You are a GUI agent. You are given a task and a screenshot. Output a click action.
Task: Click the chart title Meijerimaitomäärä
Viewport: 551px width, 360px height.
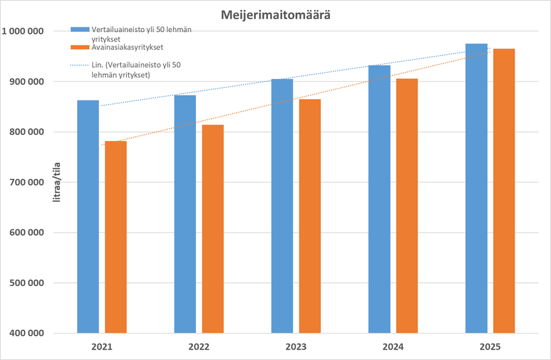pos(275,15)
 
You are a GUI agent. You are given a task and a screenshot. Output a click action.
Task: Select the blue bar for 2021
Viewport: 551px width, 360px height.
pos(88,216)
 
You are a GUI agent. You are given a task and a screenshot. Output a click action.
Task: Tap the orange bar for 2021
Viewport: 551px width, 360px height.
pos(116,237)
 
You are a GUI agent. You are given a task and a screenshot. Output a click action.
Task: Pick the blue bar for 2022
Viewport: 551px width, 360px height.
pos(185,214)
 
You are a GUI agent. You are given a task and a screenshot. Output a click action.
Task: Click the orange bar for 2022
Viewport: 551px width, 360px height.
pos(213,229)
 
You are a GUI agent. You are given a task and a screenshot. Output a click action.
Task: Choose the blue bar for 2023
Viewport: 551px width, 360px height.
pos(282,206)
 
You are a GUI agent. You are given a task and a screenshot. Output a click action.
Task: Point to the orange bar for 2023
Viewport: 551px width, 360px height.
pos(310,216)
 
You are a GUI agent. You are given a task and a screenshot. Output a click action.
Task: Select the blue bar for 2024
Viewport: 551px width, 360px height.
pos(379,199)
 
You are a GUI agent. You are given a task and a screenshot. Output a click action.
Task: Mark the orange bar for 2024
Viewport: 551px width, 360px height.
pos(407,206)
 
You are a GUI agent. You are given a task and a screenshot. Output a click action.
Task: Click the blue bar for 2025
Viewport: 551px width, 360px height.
pos(476,189)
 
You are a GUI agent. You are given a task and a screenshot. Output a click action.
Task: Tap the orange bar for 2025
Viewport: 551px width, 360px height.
pos(504,191)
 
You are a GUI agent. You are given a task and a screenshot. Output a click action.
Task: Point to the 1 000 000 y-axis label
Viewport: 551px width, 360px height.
pos(23,31)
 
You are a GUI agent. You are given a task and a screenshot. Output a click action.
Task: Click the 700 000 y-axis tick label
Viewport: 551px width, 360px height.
pos(27,182)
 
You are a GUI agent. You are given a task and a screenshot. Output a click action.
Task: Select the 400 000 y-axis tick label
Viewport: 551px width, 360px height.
pos(27,333)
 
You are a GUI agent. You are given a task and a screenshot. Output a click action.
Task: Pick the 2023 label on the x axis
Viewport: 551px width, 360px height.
pos(296,347)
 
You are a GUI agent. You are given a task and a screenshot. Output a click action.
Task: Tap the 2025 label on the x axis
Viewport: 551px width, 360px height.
pos(490,347)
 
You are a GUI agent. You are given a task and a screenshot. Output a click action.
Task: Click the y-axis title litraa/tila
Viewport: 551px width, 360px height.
pos(57,182)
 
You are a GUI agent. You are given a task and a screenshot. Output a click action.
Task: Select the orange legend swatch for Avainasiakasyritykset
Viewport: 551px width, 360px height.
pos(80,47)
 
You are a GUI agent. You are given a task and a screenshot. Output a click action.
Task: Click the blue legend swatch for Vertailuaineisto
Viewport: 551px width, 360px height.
pos(80,30)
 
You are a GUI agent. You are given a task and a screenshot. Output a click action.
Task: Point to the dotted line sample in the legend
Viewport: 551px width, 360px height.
pos(80,65)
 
